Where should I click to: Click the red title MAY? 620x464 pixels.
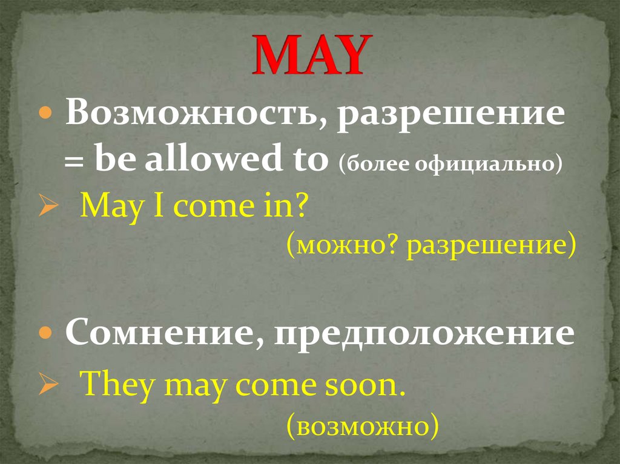tap(309, 55)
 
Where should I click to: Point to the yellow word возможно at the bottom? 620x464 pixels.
tap(361, 425)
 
